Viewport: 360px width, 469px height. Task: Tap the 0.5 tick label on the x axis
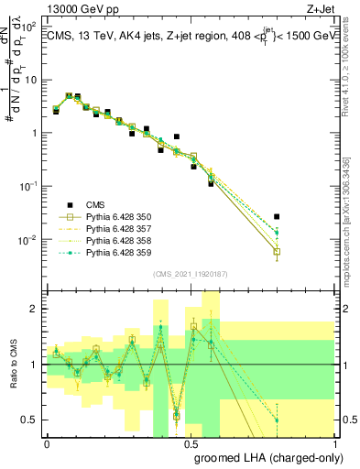click(191, 443)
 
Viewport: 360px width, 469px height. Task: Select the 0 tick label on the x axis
click(47, 443)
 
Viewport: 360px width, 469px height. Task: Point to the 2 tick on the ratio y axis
click(37, 309)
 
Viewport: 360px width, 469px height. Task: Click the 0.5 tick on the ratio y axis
click(33, 420)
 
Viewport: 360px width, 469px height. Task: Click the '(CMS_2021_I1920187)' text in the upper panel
click(191, 274)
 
